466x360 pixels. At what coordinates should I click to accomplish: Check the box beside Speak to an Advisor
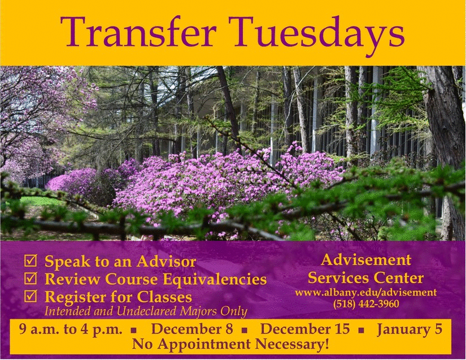click(31, 261)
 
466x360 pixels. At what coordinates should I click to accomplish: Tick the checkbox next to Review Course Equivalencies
click(31, 279)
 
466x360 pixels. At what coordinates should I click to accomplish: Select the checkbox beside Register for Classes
click(31, 296)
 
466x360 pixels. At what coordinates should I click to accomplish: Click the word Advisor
click(167, 262)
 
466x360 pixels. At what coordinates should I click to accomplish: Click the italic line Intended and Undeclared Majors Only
click(146, 311)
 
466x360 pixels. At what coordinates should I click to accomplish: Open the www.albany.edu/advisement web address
click(365, 292)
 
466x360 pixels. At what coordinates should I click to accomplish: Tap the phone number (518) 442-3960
click(365, 304)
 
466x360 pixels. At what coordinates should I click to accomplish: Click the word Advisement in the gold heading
click(365, 260)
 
